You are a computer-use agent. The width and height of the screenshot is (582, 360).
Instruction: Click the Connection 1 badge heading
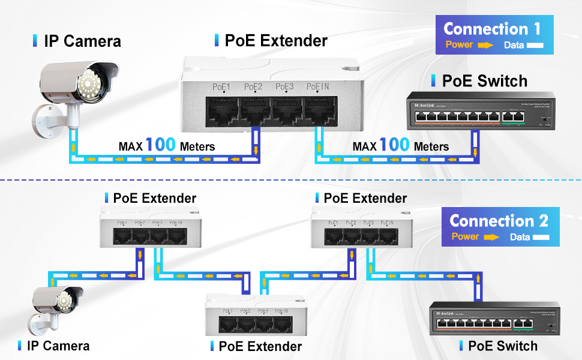492,29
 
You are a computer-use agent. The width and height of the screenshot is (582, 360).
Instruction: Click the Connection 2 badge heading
499,220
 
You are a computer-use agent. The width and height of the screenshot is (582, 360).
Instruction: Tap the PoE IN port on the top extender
317,109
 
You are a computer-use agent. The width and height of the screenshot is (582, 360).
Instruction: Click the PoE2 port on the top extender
254,109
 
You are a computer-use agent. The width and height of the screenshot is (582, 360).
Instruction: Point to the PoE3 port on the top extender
286,109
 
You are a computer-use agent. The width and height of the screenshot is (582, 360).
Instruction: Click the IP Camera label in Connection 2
58,346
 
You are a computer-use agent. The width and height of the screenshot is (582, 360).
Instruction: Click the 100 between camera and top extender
160,145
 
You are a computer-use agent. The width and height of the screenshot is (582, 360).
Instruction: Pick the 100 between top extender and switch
394,145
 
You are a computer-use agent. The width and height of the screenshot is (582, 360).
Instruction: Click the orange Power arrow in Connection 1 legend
485,45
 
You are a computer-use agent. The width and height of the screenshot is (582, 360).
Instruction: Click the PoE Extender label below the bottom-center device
260,346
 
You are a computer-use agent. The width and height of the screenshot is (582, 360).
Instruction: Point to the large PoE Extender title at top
275,41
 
